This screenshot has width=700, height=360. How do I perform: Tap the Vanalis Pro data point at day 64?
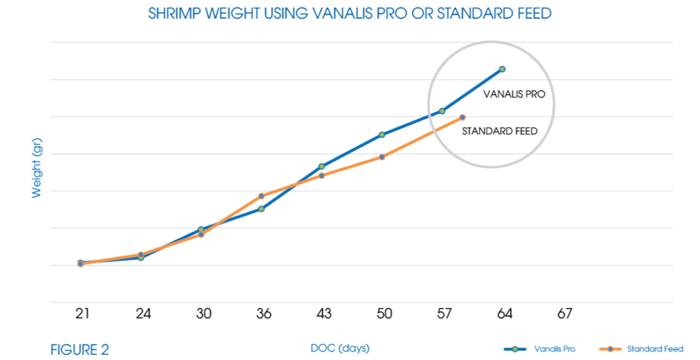[x=503, y=69]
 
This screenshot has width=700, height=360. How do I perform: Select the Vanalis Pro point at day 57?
[x=443, y=110]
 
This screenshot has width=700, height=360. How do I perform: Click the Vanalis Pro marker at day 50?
[x=382, y=134]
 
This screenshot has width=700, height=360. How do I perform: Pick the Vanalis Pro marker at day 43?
[x=321, y=166]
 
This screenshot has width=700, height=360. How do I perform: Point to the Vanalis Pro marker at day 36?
[x=262, y=208]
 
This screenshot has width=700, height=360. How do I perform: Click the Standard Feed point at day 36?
[x=262, y=196]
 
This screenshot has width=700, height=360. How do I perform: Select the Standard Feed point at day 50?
[x=382, y=156]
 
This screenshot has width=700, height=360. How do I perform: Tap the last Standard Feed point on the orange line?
[x=463, y=117]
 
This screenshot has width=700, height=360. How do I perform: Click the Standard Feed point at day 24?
[x=141, y=254]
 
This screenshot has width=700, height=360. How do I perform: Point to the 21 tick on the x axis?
[x=82, y=314]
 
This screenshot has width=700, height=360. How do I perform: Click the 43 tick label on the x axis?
[x=323, y=314]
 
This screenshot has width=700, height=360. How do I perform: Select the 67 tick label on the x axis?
[x=564, y=314]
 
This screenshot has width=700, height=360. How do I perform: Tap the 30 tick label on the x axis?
[x=203, y=314]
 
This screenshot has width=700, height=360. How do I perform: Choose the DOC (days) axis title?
[x=340, y=348]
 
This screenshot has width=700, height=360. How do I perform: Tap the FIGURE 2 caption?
[x=80, y=349]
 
